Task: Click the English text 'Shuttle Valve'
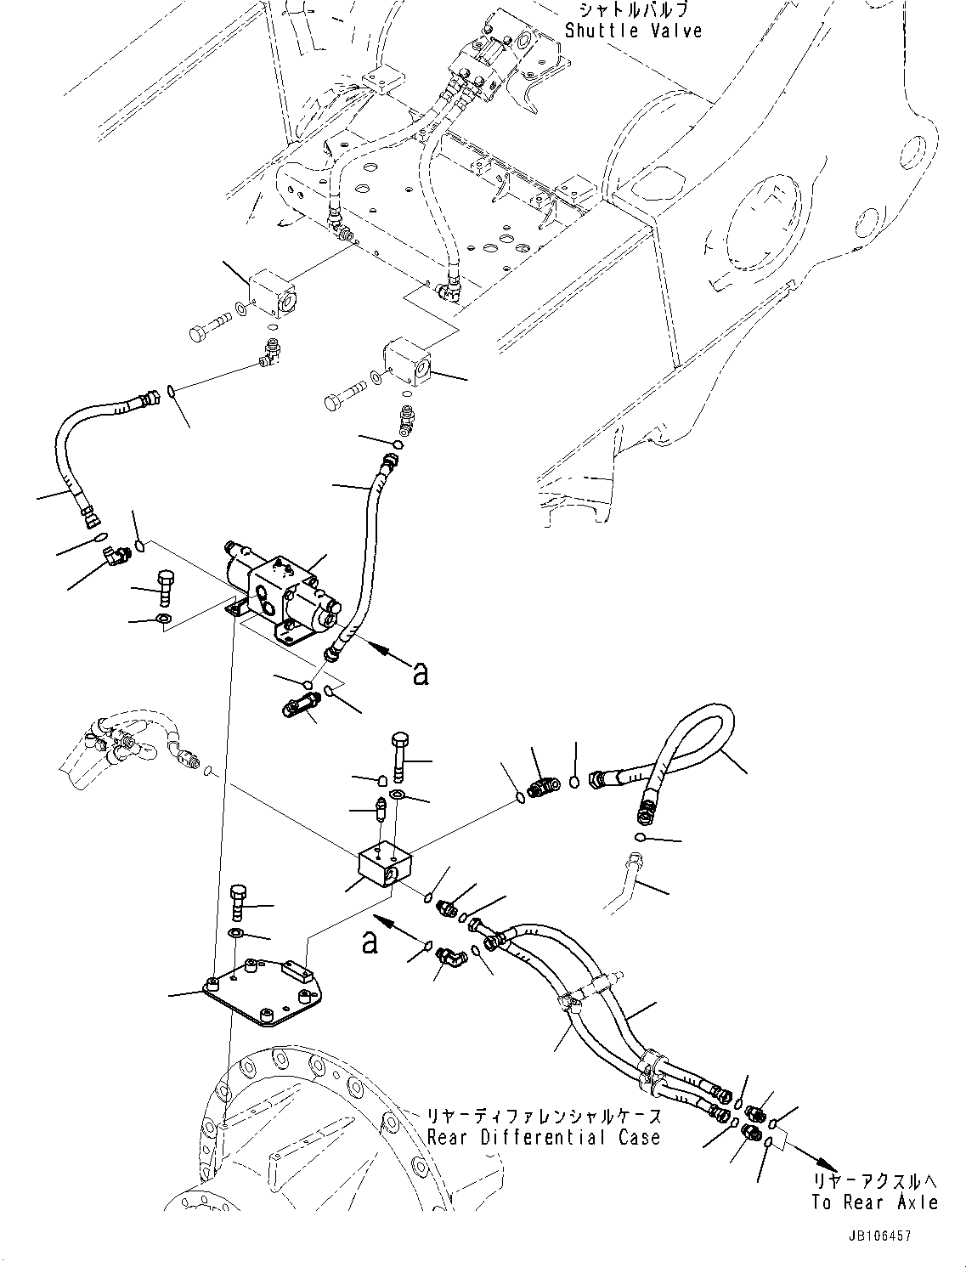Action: pyautogui.click(x=634, y=31)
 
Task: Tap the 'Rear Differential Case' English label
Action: pyautogui.click(x=544, y=1137)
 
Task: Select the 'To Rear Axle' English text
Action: pyautogui.click(x=874, y=1202)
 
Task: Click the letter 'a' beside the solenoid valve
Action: pyautogui.click(x=420, y=674)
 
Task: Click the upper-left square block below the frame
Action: pyautogui.click(x=272, y=293)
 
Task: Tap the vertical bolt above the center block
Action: pyautogui.click(x=401, y=756)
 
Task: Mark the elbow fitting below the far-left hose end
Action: pyautogui.click(x=113, y=556)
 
